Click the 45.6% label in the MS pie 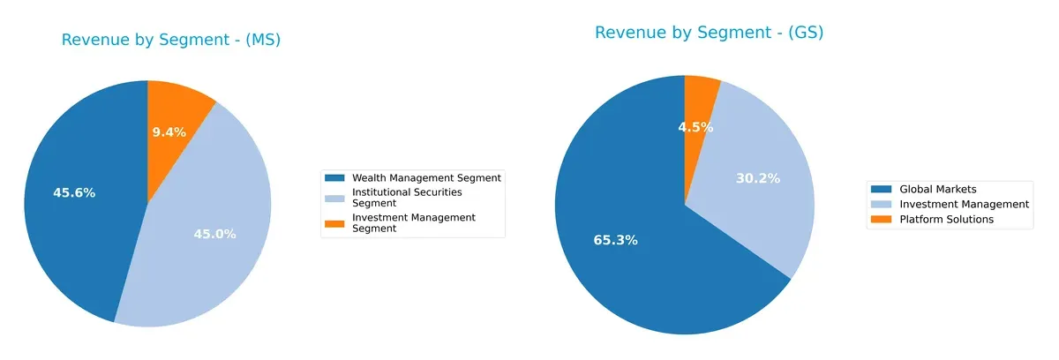point(74,192)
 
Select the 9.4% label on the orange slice point(169,132)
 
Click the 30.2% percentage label point(757,178)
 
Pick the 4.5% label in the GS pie point(695,127)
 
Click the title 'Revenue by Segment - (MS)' point(171,40)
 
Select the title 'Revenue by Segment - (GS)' point(709,33)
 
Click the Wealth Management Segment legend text point(426,177)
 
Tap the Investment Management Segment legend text point(413,222)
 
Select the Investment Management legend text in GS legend point(964,204)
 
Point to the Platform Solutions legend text point(946,219)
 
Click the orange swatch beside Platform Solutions point(881,219)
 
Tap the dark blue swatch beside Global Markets point(881,189)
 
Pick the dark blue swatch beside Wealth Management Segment point(334,177)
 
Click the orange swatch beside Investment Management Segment point(334,222)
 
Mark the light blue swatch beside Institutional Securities point(334,197)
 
